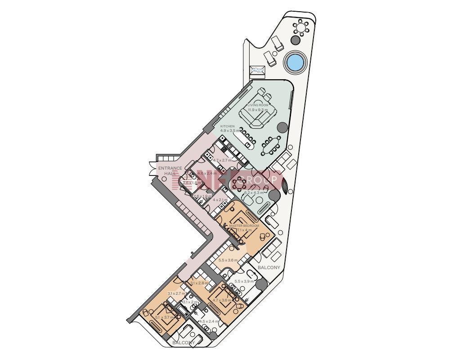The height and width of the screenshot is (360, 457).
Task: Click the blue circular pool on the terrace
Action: [295, 62]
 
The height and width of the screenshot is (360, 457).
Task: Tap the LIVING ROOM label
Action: [258, 105]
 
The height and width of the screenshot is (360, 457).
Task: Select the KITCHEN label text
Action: [227, 126]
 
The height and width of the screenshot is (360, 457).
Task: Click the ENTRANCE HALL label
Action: [170, 171]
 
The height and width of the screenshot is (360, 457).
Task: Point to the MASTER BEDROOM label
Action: [244, 225]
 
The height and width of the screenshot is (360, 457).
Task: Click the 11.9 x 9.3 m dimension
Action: [258, 109]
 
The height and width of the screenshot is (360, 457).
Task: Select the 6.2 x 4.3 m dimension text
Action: [254, 193]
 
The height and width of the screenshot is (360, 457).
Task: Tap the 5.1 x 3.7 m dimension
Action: [164, 317]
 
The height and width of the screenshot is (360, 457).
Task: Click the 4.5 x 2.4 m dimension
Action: [209, 321]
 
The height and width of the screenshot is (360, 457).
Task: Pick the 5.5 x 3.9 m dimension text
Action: [244, 281]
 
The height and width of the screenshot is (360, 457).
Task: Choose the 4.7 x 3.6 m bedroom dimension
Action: [222, 300]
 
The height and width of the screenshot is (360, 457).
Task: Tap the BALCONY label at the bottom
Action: [184, 342]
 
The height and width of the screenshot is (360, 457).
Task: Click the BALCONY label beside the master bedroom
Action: [269, 267]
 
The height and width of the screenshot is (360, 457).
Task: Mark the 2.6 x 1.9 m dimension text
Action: [202, 196]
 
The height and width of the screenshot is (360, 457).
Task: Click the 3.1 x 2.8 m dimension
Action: [200, 283]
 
